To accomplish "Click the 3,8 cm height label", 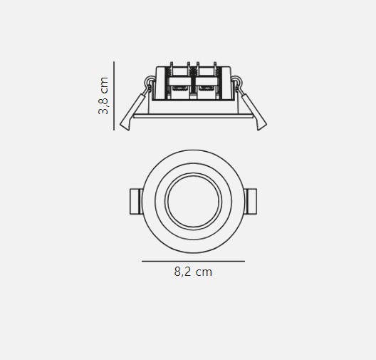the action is tap(103, 96).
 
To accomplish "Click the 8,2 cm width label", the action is tap(193, 272).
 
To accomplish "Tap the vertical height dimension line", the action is tap(114, 96).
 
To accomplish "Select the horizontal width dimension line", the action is tap(193, 261).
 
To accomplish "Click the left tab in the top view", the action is tap(136, 201).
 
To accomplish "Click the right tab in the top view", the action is tap(251, 201).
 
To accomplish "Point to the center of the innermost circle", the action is tap(193, 201).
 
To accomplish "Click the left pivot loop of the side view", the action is tap(150, 81).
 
